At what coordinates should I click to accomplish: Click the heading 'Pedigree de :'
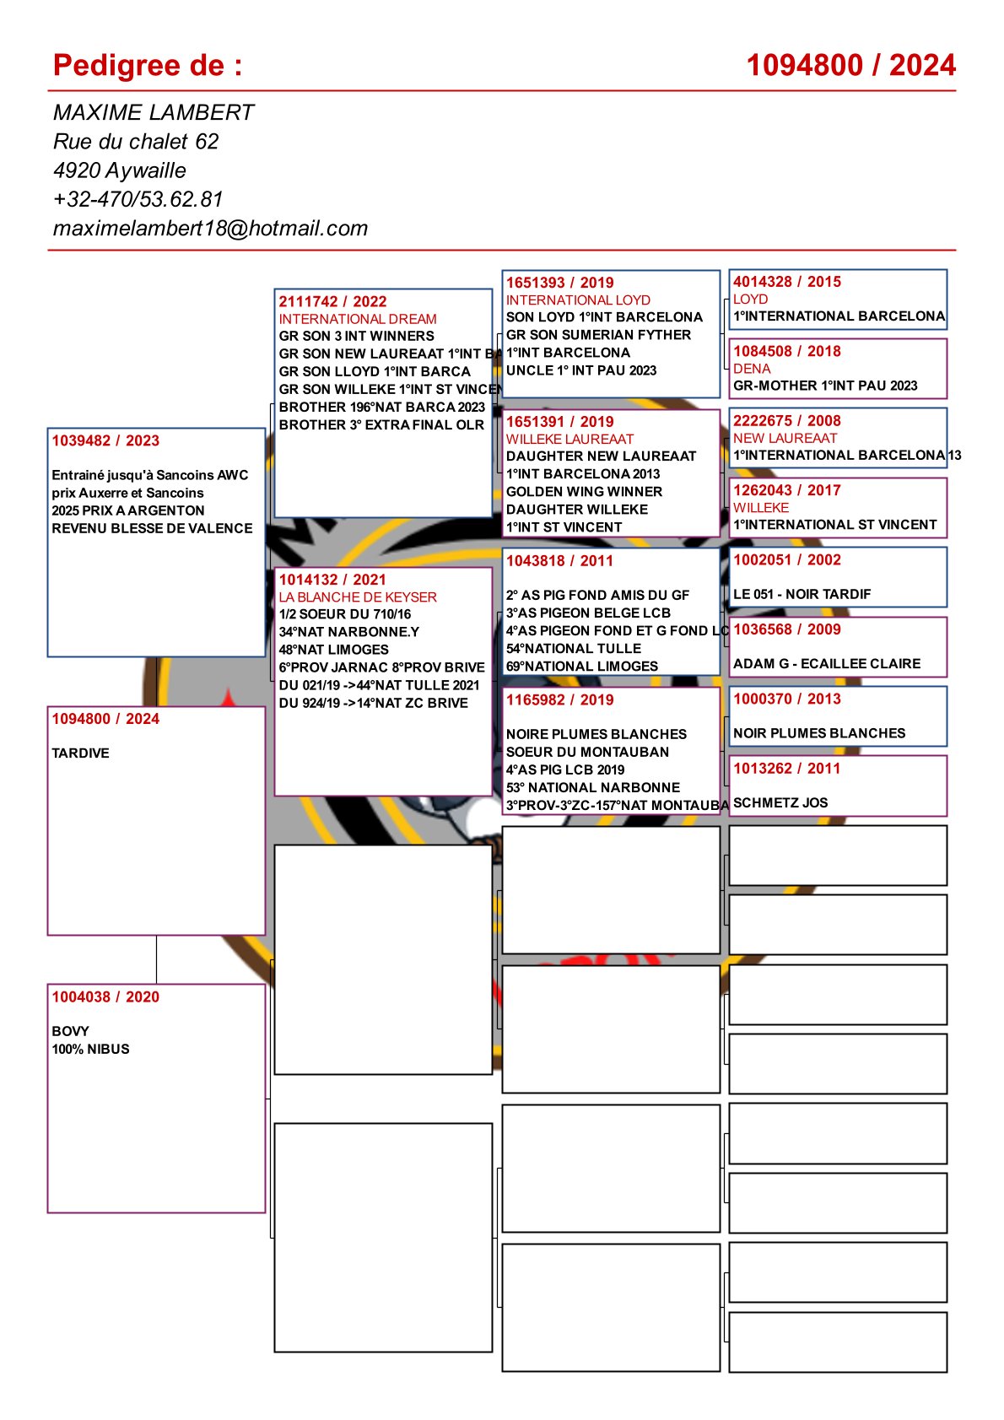[x=148, y=66]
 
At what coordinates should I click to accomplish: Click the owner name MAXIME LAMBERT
[x=153, y=113]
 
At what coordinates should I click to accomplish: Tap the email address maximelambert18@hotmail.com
[x=210, y=229]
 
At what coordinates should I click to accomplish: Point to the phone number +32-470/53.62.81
[x=138, y=200]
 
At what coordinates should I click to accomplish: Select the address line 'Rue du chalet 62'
[x=135, y=142]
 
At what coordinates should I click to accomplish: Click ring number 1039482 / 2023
[x=105, y=440]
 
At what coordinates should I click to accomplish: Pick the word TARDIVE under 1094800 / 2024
[x=80, y=753]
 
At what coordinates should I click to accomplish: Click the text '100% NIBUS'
[x=90, y=1050]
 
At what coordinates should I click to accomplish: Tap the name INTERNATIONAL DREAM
[x=358, y=319]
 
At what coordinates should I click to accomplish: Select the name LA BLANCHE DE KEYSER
[x=358, y=597]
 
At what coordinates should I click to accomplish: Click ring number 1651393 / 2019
[x=559, y=283]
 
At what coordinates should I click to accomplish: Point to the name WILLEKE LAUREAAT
[x=569, y=440]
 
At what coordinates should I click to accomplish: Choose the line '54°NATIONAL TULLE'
[x=574, y=649]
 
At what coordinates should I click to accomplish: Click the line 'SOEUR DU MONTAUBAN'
[x=587, y=752]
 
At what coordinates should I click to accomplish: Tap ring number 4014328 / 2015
[x=786, y=282]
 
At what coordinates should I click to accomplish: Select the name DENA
[x=752, y=369]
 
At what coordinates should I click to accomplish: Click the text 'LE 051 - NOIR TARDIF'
[x=802, y=594]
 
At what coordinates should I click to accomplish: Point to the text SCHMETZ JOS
[x=780, y=803]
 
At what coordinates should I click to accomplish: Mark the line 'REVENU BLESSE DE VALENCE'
[x=152, y=528]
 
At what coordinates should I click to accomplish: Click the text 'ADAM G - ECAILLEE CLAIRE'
[x=827, y=664]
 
